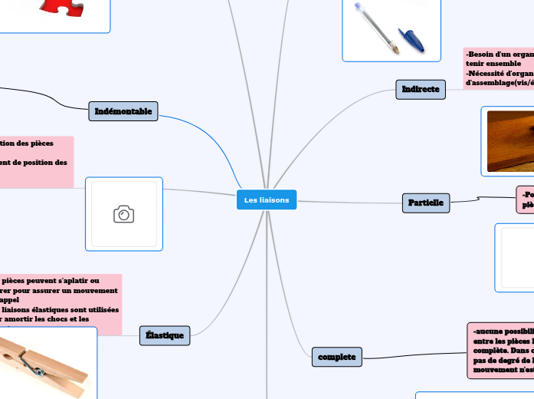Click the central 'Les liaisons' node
(267, 200)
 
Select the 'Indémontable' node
(123, 111)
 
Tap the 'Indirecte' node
(421, 90)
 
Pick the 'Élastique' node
(165, 335)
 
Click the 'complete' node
(337, 356)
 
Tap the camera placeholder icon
(123, 214)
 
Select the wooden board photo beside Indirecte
(509, 140)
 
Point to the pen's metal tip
(395, 52)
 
